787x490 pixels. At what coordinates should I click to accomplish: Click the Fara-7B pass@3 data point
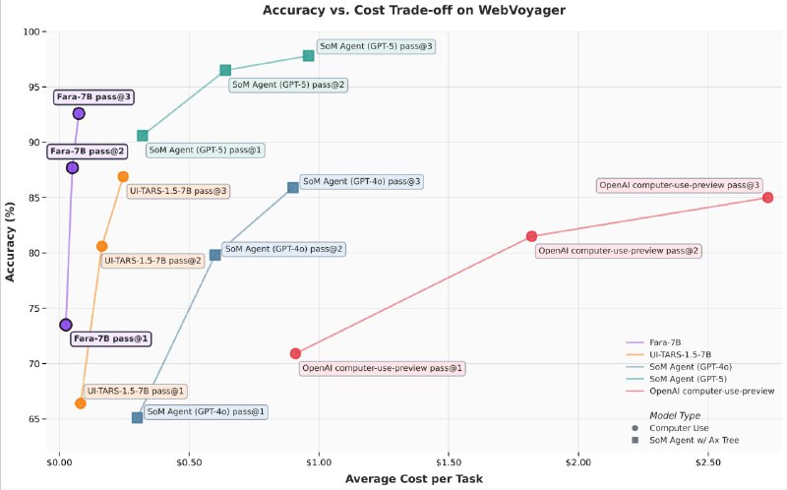pos(79,113)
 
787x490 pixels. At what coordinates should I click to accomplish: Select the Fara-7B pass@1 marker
pos(66,325)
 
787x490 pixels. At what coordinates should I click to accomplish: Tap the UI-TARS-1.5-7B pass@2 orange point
pos(101,246)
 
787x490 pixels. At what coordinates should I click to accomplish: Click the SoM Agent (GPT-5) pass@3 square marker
pos(308,55)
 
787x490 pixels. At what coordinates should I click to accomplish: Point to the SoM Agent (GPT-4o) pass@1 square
pos(138,417)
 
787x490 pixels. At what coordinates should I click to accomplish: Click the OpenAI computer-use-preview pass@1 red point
pos(295,353)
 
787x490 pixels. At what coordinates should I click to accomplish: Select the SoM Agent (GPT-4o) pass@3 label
pos(361,182)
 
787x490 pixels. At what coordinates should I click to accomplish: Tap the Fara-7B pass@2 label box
pos(88,152)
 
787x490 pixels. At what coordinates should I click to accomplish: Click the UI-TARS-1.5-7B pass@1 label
pos(135,392)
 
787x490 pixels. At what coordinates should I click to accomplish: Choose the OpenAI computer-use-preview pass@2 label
pos(618,251)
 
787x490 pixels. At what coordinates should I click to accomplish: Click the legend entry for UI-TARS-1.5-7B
pos(679,353)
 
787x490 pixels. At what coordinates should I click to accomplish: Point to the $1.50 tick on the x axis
pos(449,460)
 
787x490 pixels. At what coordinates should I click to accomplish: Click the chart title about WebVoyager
pos(393,10)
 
